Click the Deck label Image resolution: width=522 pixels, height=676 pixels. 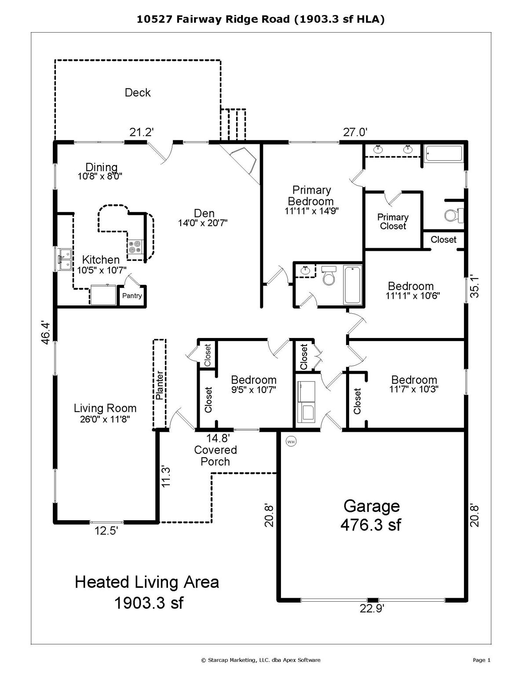point(138,92)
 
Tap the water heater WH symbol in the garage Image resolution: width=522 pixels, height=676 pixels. point(291,441)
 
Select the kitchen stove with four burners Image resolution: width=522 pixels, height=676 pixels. point(135,246)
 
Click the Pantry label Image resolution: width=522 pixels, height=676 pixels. point(132,296)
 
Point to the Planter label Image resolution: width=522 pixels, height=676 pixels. point(160,385)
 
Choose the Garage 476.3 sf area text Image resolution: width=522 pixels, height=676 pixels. point(371,515)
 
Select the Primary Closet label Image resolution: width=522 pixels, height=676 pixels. point(393,221)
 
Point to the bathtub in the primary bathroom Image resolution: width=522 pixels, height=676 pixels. point(443,154)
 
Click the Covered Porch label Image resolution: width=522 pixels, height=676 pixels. point(215,456)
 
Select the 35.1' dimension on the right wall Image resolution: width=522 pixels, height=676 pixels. point(474,287)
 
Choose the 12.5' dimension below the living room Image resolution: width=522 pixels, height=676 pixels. point(106,531)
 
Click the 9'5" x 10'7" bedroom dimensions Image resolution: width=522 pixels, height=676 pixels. point(254,389)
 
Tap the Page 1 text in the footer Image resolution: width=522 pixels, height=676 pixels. point(482,660)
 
